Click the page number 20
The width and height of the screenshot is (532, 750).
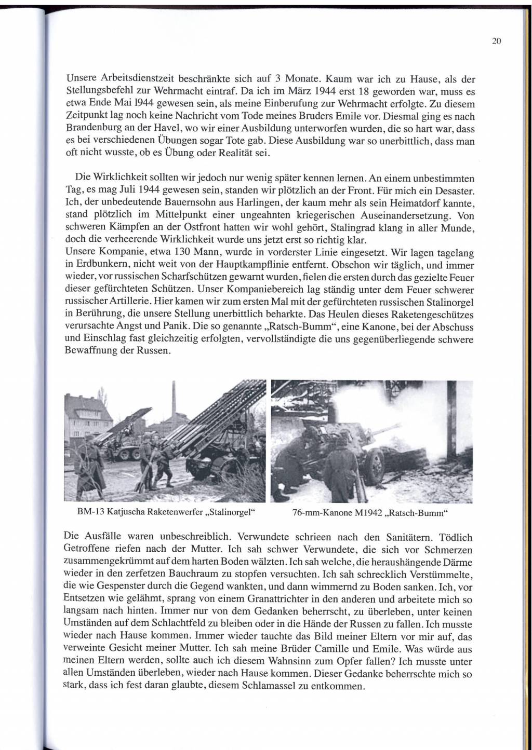coord(496,42)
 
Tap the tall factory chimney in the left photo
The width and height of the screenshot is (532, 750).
coord(175,405)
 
